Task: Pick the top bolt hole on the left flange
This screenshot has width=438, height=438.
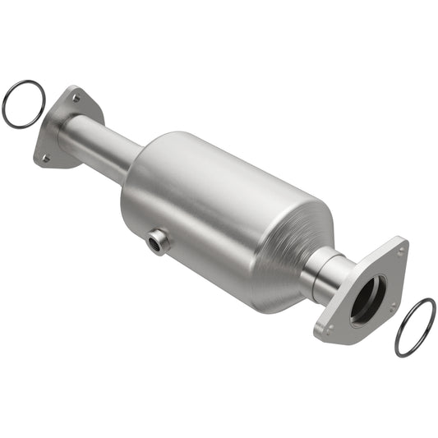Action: click(76, 98)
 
